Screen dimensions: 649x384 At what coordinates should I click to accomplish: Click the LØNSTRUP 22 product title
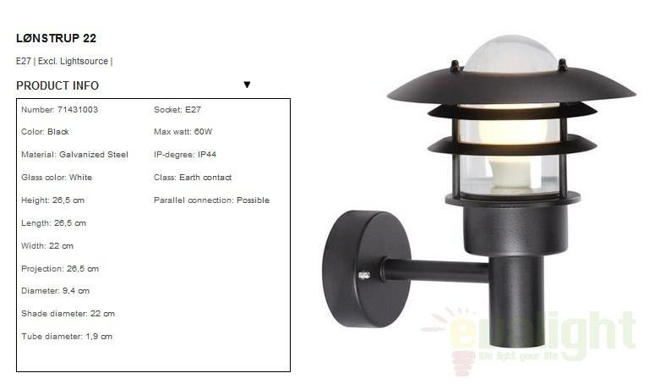57,39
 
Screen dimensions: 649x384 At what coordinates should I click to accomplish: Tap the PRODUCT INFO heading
57,85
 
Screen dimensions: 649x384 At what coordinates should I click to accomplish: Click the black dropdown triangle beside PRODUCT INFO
247,85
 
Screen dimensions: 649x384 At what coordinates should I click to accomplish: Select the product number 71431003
78,110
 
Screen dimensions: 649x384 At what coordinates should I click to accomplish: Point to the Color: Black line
45,132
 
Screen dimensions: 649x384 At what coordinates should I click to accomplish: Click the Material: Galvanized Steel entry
74,155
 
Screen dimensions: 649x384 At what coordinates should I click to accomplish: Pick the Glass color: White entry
57,178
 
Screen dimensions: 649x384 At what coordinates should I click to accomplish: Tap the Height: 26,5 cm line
52,200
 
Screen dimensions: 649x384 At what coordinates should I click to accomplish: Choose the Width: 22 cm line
47,246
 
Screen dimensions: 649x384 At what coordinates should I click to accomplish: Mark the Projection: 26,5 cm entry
60,269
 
